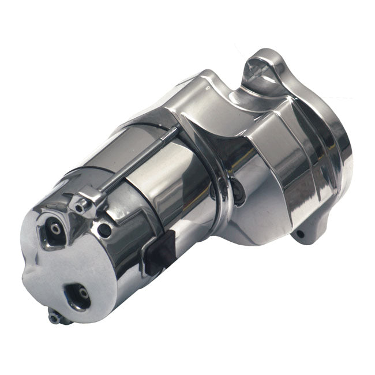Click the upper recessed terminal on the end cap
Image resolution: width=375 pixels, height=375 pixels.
55,230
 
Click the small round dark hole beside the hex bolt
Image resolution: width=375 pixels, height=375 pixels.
104,230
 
